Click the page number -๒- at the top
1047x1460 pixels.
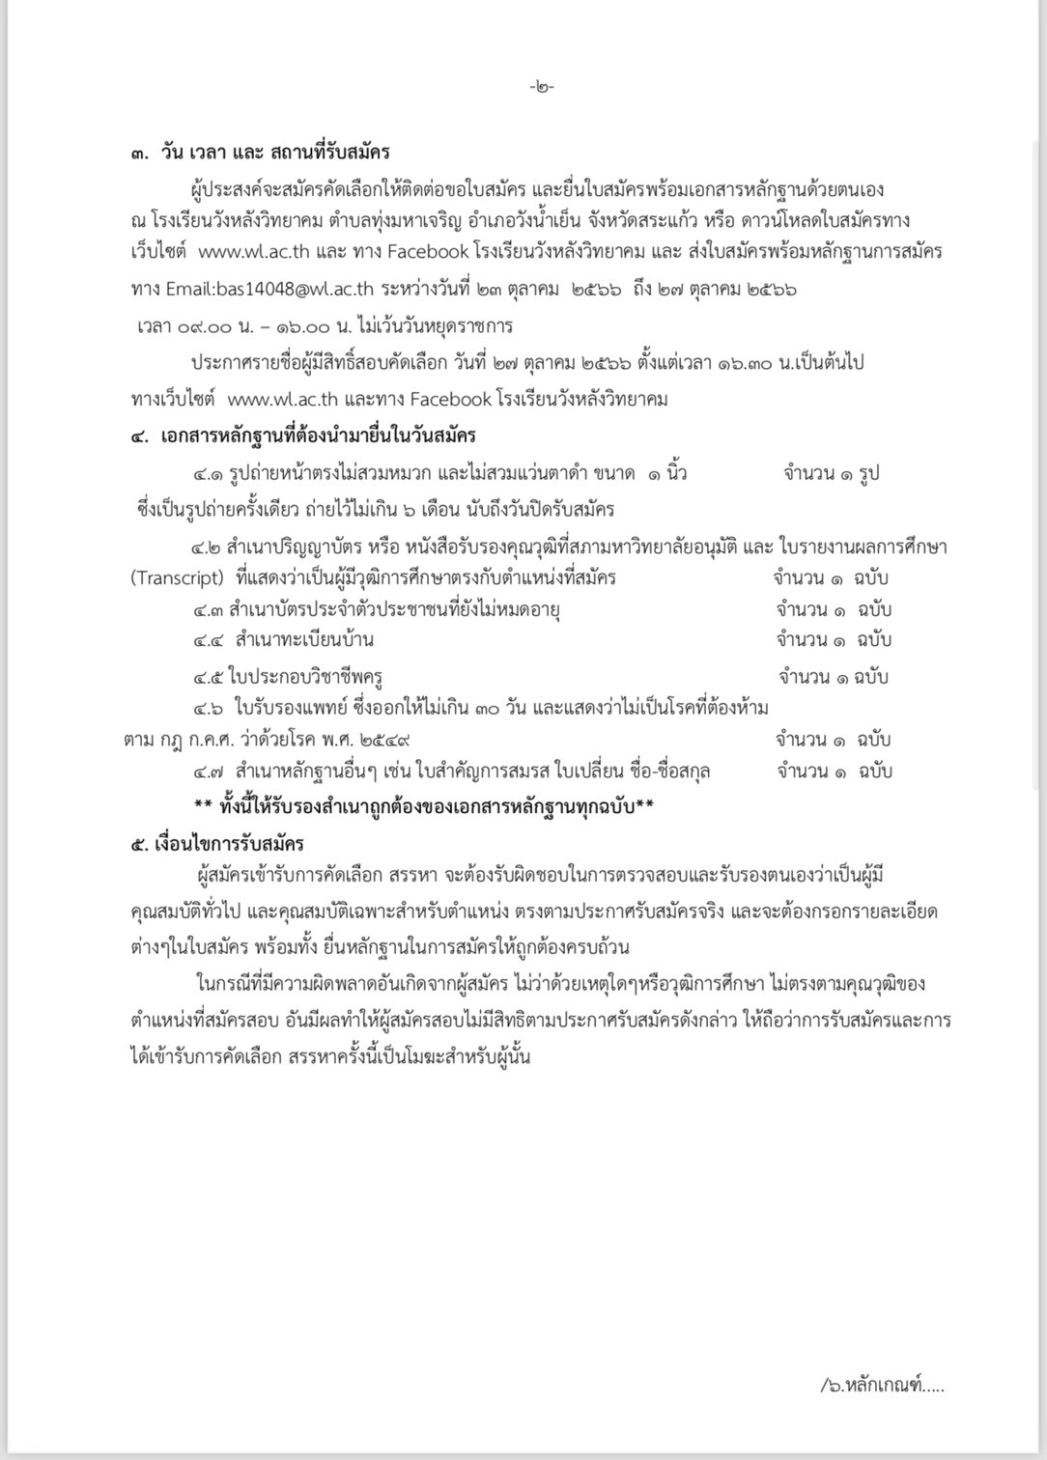point(542,88)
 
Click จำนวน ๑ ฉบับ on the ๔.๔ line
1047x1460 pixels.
point(833,639)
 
